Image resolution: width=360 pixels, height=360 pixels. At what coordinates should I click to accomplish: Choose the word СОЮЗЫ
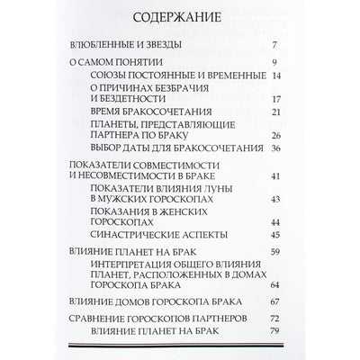[111, 78]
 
